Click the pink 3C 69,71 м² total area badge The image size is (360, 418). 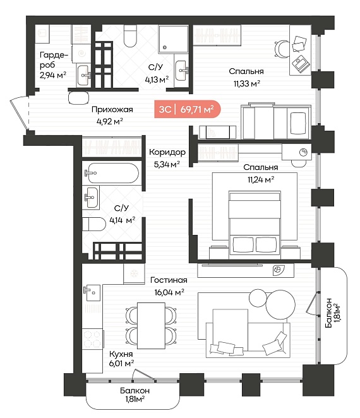click(187, 109)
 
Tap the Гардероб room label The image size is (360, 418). click(54, 60)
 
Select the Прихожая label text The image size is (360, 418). click(112, 109)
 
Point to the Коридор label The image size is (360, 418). click(167, 152)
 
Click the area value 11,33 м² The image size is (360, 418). click(247, 83)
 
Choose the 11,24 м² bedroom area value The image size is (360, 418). click(261, 179)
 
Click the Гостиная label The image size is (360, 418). click(169, 280)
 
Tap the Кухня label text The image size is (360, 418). click(121, 354)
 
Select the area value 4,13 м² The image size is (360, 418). click(157, 80)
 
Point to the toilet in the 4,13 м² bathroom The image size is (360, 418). click(130, 36)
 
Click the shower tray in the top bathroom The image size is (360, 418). click(173, 39)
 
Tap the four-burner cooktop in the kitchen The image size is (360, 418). click(92, 338)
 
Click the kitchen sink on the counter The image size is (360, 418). click(92, 292)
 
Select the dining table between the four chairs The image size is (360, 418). click(151, 325)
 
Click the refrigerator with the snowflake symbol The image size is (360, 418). click(134, 273)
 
